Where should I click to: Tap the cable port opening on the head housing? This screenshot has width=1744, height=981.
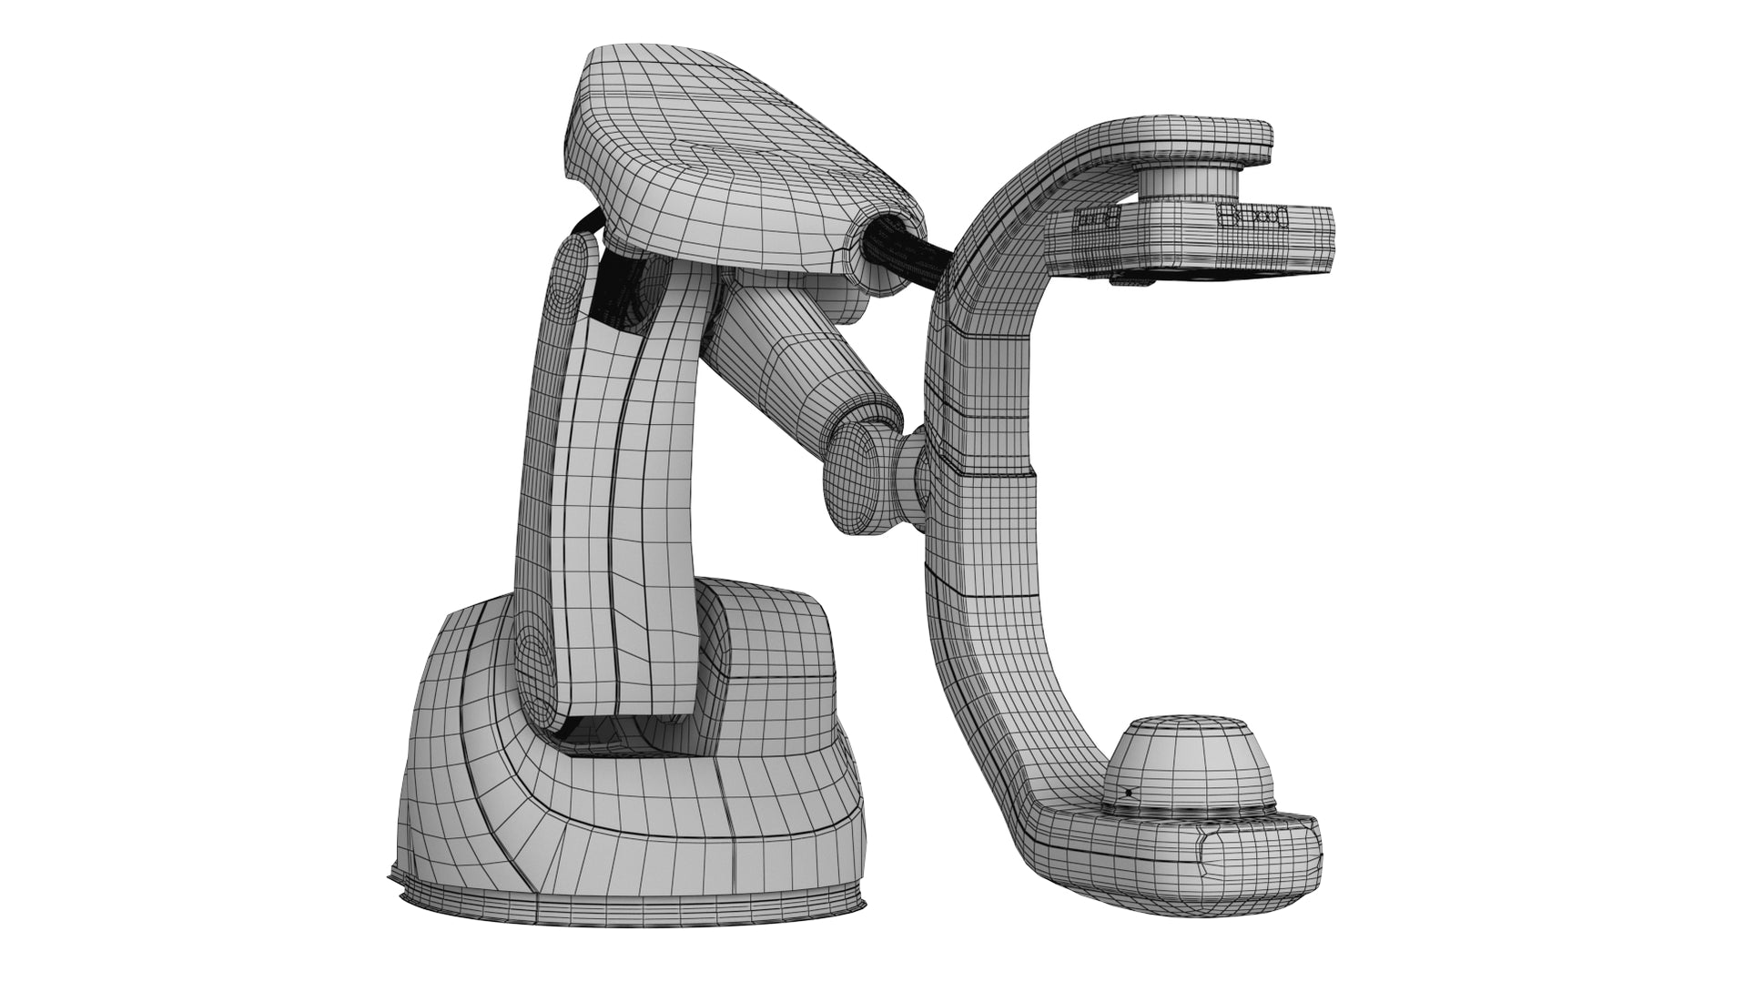pos(883,240)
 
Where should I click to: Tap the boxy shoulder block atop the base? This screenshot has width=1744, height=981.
pos(774,655)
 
